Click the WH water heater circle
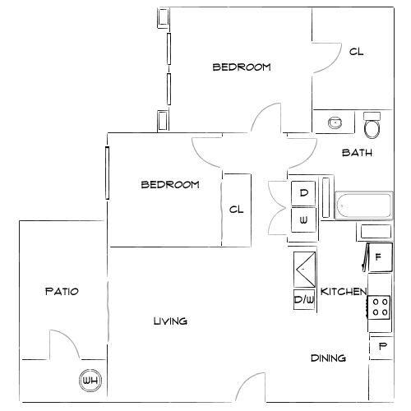tap(90, 381)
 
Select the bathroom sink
tap(335, 123)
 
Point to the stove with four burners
tap(380, 307)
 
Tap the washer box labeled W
tap(303, 219)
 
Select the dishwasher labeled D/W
tap(304, 300)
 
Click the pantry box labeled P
tap(381, 348)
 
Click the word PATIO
tap(61, 291)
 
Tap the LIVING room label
tap(170, 321)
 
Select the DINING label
tap(327, 358)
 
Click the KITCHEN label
tap(344, 292)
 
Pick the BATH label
tap(357, 152)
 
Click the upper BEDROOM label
tap(242, 67)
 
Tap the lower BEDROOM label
tap(170, 185)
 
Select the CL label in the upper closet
tap(356, 52)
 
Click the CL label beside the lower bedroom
tap(237, 210)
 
